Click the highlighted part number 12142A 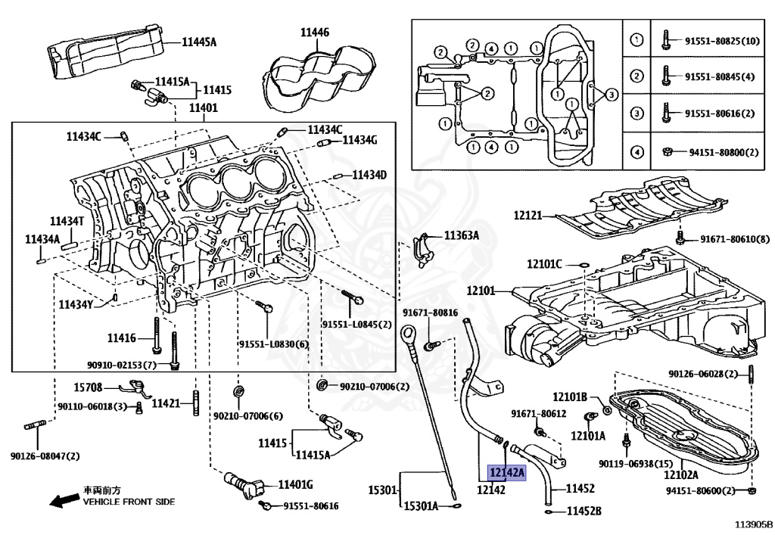coord(506,473)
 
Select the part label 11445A coord(198,42)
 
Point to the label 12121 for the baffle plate coord(528,215)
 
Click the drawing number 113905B coord(753,524)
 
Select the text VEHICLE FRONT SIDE coord(129,502)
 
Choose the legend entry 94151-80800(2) coord(723,152)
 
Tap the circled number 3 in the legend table coord(637,114)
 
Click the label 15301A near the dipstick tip coord(421,505)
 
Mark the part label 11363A coord(462,235)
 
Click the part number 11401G coord(295,484)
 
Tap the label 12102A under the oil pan coord(681,475)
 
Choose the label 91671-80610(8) coord(734,239)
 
